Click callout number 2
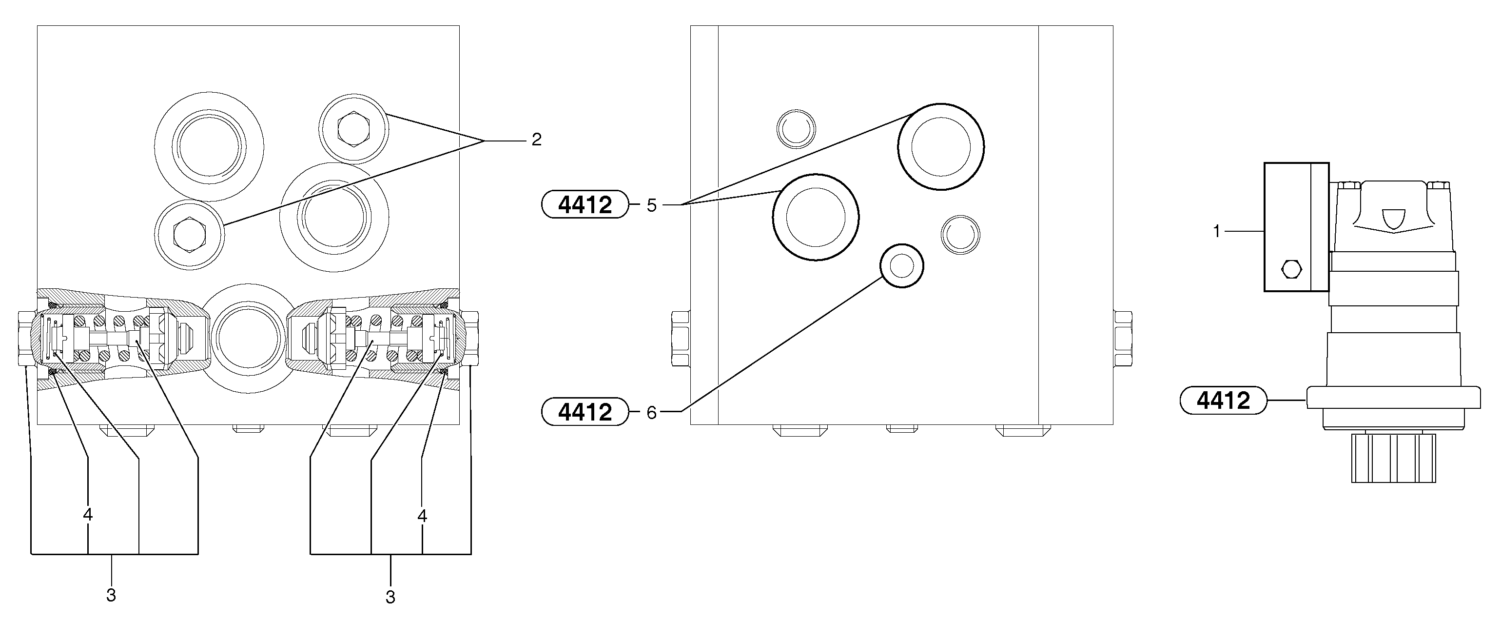(x=536, y=140)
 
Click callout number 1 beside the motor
(x=1216, y=232)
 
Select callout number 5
(x=651, y=205)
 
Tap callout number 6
(x=651, y=413)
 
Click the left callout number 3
(x=111, y=595)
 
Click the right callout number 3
(x=390, y=597)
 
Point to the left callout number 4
(x=88, y=515)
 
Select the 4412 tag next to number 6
(x=585, y=412)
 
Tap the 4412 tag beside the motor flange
(x=1223, y=401)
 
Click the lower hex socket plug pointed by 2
(x=189, y=234)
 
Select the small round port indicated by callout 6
(x=902, y=266)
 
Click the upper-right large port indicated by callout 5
(x=940, y=146)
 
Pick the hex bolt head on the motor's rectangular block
(x=1292, y=269)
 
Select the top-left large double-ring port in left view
(x=209, y=145)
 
